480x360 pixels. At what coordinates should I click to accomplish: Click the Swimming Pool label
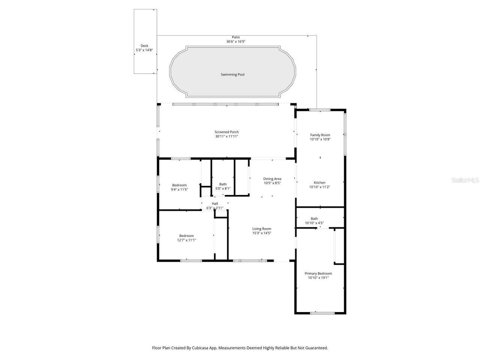[232, 75]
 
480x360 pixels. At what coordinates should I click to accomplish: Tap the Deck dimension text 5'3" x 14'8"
[144, 50]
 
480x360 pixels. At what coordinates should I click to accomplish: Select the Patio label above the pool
[235, 37]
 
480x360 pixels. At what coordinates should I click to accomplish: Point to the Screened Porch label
[226, 132]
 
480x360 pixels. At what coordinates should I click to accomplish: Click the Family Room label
[320, 135]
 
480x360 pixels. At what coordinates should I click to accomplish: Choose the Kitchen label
[319, 183]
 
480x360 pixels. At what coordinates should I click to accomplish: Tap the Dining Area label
[272, 179]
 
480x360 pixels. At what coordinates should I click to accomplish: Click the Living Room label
[261, 229]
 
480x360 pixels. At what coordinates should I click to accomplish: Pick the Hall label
[215, 204]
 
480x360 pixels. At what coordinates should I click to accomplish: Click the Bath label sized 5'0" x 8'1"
[223, 184]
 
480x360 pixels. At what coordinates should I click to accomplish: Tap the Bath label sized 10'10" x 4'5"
[314, 219]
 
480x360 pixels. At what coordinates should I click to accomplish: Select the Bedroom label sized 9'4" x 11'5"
[179, 185]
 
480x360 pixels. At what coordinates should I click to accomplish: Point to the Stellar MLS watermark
[465, 180]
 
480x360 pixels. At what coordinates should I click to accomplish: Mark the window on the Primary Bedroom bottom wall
[322, 313]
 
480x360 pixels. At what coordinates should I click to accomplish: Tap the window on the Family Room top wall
[319, 110]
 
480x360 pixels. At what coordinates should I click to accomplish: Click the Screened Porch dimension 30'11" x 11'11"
[226, 136]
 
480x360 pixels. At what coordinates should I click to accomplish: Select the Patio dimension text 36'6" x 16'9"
[235, 42]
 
